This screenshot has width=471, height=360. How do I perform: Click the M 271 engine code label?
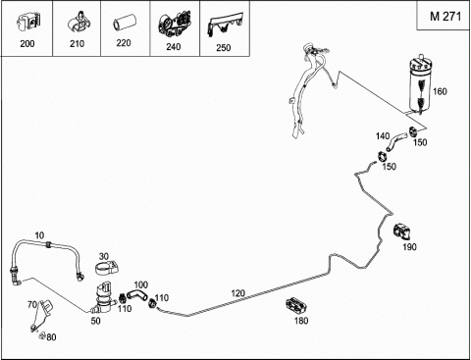[x=445, y=16]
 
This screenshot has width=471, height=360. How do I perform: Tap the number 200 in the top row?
[x=27, y=43]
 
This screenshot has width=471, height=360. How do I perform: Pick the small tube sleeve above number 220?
[x=123, y=25]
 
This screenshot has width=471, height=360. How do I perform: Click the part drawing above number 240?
[x=175, y=24]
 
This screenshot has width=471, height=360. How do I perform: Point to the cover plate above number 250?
[x=225, y=24]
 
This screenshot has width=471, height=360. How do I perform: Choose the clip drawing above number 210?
[x=78, y=23]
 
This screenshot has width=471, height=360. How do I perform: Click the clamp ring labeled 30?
[x=107, y=267]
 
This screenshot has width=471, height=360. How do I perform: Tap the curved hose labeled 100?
[x=137, y=294]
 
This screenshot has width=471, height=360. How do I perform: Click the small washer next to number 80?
[x=42, y=335]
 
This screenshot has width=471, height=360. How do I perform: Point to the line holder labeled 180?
[x=297, y=306]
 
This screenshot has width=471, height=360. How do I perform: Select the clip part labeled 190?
[x=403, y=231]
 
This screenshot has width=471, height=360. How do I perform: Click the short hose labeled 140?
[x=396, y=141]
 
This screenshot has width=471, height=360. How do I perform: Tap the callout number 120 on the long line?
[x=237, y=293]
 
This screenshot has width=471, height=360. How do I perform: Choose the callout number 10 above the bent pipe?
[x=39, y=235]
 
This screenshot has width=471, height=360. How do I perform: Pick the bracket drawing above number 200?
[x=28, y=23]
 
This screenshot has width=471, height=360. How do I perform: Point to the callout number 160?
[x=440, y=91]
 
